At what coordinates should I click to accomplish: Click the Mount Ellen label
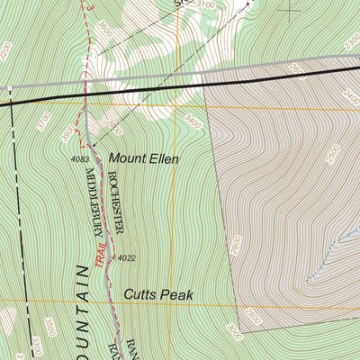coord(143,158)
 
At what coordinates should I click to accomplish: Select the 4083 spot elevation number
coord(79,159)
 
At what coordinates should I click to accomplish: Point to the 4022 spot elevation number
coord(126,258)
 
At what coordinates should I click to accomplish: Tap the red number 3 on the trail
coord(89,4)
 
